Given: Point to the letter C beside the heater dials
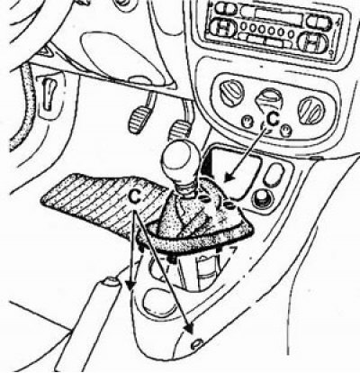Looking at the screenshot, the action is [x=273, y=119].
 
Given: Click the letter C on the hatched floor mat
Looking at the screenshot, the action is [x=135, y=196].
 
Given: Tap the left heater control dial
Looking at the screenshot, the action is [x=230, y=92].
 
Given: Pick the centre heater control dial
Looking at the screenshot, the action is [x=268, y=98].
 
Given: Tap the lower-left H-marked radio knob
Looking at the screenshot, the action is [x=222, y=29].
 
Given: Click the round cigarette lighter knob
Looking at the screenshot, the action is [x=264, y=198].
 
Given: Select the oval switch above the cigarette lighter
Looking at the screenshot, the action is [x=274, y=175].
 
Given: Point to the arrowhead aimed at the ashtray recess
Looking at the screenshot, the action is [x=229, y=177].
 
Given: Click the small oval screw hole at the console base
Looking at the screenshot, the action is [x=195, y=344].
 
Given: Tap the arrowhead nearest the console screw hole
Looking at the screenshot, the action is [x=189, y=329].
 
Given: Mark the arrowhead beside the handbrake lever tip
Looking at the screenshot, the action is [x=130, y=286].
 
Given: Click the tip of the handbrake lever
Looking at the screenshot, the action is [x=110, y=281].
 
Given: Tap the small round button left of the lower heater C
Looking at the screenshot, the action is [x=247, y=122].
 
